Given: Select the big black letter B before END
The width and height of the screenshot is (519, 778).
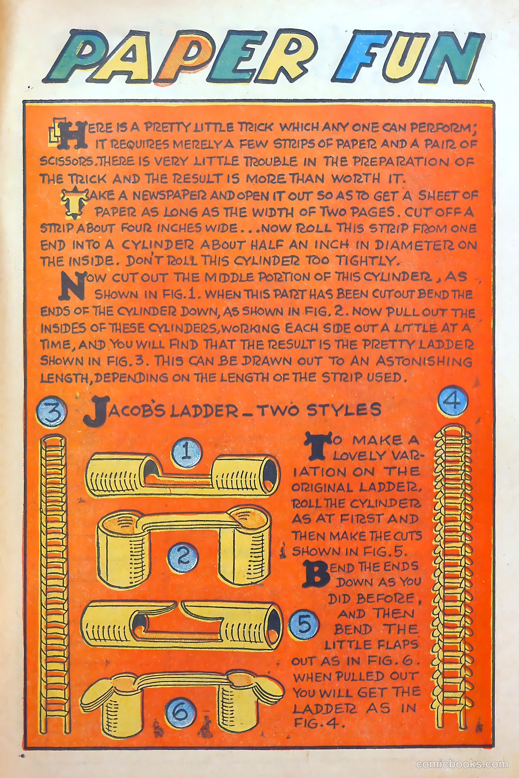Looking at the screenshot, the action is click(316, 575).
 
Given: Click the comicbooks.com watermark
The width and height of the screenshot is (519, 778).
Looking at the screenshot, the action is click(462, 762).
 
